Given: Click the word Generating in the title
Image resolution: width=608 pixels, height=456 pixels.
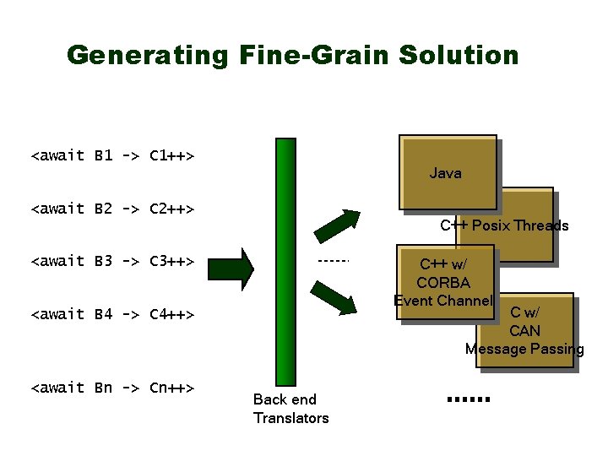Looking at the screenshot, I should point(147,56).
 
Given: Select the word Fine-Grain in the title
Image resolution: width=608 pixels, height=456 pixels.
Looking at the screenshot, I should point(310,56).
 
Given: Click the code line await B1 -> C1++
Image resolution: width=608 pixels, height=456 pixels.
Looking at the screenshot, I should point(113,155).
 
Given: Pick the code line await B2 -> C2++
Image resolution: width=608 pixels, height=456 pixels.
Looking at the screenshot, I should point(113,208).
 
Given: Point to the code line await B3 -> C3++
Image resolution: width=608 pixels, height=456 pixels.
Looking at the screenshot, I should point(113,261).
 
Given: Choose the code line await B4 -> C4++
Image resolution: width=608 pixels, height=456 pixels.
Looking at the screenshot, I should point(113,314).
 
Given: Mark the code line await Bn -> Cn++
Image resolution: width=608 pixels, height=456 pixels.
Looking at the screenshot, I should point(113,388).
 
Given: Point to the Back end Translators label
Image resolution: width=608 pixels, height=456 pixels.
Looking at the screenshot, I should point(290,409).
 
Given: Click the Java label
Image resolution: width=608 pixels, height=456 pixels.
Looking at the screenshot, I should point(445,173).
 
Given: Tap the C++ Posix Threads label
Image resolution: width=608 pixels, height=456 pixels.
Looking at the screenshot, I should point(504,225).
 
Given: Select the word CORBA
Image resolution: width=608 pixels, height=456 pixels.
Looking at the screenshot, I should point(443,282).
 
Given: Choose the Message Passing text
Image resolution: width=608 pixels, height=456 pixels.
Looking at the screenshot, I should point(524,349).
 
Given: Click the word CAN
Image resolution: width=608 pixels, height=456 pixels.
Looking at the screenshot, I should point(524,331).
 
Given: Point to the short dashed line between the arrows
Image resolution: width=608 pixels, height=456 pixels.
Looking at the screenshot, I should point(334,261).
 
